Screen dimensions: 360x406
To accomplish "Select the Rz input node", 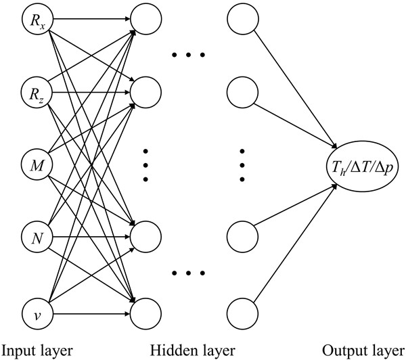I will tap(35, 89).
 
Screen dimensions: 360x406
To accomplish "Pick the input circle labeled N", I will tap(35, 237).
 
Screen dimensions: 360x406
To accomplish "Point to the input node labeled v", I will tap(35, 313).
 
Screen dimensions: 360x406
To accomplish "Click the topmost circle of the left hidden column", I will tap(146, 19).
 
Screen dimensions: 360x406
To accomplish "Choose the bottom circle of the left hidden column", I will tap(146, 313).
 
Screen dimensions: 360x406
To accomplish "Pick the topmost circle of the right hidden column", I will tap(242, 19).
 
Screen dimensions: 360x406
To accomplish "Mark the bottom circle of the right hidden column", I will tap(242, 313).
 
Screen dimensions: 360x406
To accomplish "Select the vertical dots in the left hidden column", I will tap(146, 166).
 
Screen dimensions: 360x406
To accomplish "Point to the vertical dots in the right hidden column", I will tap(242, 166).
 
